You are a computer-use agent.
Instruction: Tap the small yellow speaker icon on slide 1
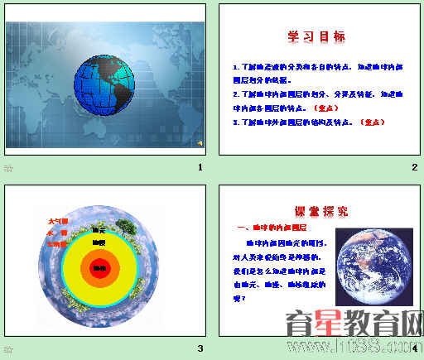(x=199, y=143)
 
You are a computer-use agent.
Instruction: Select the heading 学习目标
(x=316, y=37)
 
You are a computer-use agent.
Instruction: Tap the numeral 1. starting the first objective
(x=236, y=65)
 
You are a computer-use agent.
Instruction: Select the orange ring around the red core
(x=100, y=256)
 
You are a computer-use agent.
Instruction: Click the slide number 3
(x=200, y=348)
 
